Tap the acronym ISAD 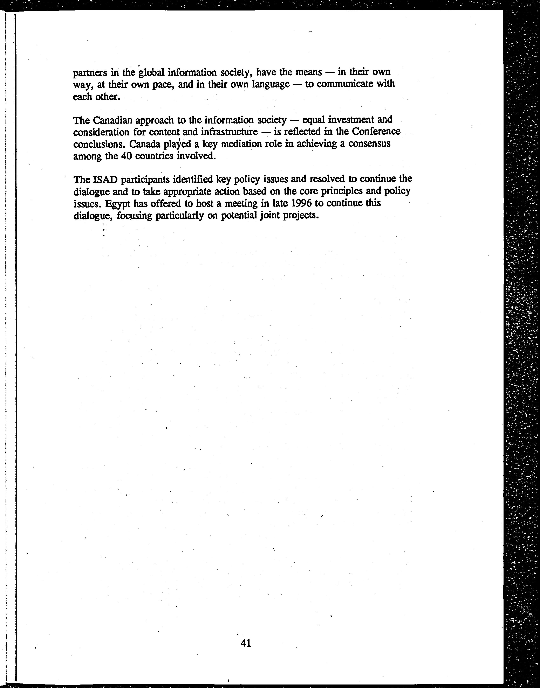point(105,180)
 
